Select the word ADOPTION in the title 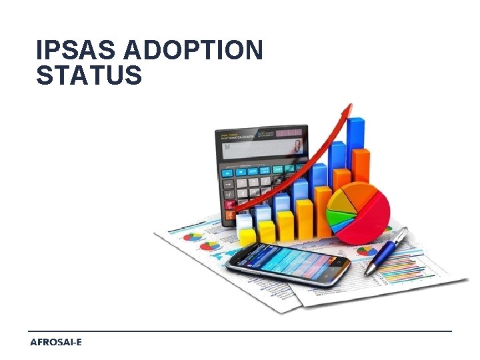(194, 50)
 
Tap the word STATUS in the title (89, 75)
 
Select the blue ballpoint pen (387, 250)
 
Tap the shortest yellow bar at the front (247, 235)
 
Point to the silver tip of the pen (369, 270)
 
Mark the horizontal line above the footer (240, 331)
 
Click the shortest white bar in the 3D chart (245, 222)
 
